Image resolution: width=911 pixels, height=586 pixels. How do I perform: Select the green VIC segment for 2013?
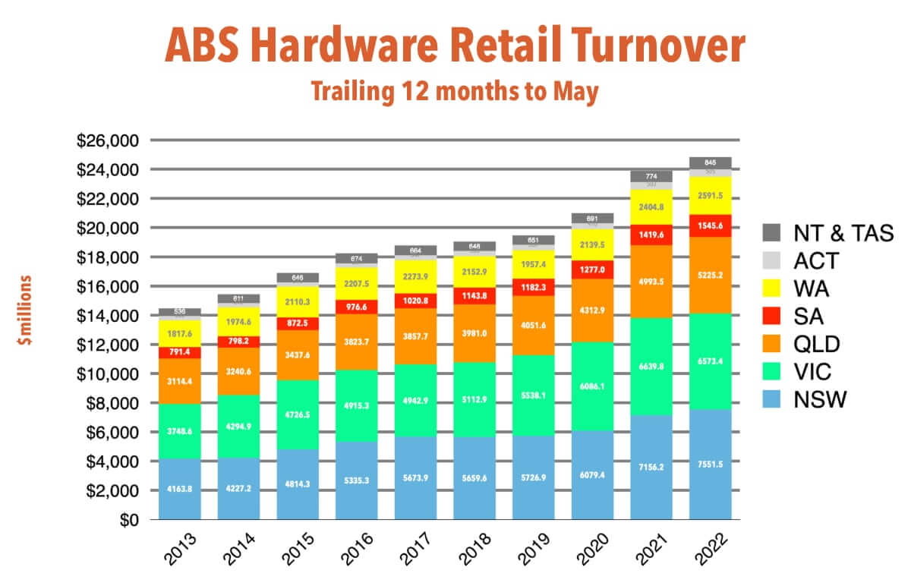click(180, 431)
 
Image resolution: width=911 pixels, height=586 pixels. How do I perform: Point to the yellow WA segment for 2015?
click(298, 301)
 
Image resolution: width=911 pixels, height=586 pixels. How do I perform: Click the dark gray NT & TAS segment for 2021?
click(651, 176)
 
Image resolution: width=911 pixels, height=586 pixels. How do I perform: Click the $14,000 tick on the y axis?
click(109, 316)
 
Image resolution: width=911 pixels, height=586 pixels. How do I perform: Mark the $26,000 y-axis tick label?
click(109, 140)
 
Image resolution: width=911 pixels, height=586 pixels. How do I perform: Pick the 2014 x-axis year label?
click(236, 549)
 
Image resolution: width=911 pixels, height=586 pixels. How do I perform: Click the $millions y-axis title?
click(25, 312)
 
